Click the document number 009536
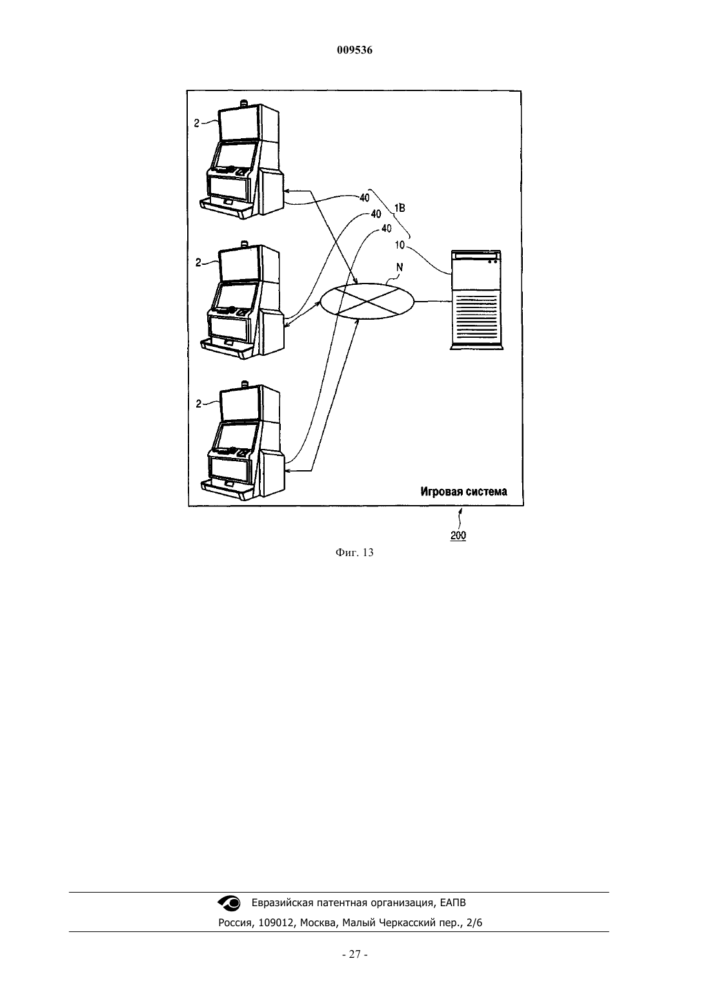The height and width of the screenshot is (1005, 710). click(x=354, y=50)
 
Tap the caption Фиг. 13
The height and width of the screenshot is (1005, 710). click(x=354, y=552)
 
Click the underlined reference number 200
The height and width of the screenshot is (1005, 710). click(x=458, y=535)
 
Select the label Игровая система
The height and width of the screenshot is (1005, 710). click(x=464, y=492)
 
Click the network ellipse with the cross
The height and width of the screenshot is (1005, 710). click(x=367, y=301)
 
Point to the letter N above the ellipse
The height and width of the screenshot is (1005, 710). click(x=400, y=267)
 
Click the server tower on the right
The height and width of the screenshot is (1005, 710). click(x=477, y=300)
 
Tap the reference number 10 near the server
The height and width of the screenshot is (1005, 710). click(x=400, y=245)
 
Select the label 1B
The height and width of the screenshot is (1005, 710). click(x=400, y=208)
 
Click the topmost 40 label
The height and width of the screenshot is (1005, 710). click(x=365, y=198)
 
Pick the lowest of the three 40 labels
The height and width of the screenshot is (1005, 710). click(x=386, y=229)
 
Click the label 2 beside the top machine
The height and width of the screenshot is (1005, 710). click(x=197, y=123)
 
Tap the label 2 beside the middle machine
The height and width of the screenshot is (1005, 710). click(x=198, y=263)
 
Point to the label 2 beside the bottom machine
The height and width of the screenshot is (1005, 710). click(x=199, y=404)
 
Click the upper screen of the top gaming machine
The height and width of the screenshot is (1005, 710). click(x=238, y=122)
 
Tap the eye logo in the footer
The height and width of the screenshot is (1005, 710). click(x=229, y=903)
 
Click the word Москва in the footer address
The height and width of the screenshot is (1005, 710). click(x=319, y=923)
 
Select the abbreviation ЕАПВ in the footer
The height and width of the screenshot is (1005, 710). click(x=452, y=903)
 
